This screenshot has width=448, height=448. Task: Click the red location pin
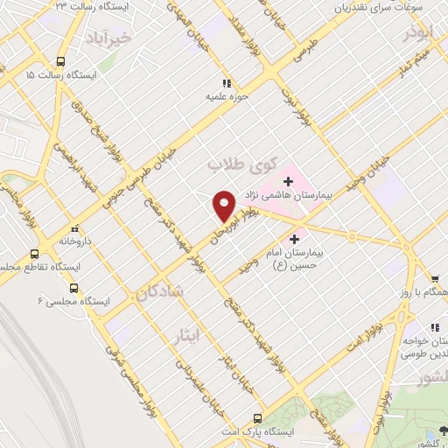tap(225, 205)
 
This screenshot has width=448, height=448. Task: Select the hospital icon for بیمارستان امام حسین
tap(294, 236)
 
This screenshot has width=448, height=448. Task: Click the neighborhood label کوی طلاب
tap(242, 164)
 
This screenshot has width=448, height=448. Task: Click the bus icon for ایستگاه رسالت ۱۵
tap(60, 61)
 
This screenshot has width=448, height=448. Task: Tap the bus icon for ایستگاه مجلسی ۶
tap(73, 287)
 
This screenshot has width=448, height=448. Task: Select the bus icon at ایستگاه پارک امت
tap(257, 418)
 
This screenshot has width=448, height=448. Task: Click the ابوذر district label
tap(418, 34)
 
